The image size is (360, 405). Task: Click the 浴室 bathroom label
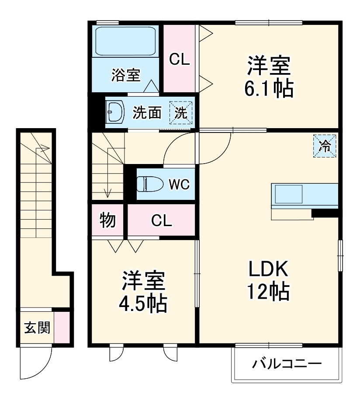point(125,75)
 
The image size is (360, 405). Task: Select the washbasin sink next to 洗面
point(115,113)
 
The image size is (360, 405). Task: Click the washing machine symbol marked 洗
point(180,113)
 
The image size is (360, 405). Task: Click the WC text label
point(179,185)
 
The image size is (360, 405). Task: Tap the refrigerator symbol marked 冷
point(325,146)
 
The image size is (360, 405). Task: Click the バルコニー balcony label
point(287,364)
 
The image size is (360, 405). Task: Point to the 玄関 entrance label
point(36,328)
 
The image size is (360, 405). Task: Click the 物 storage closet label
point(108,220)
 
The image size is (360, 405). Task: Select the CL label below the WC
point(161,221)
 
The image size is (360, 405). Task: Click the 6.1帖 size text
point(268,90)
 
